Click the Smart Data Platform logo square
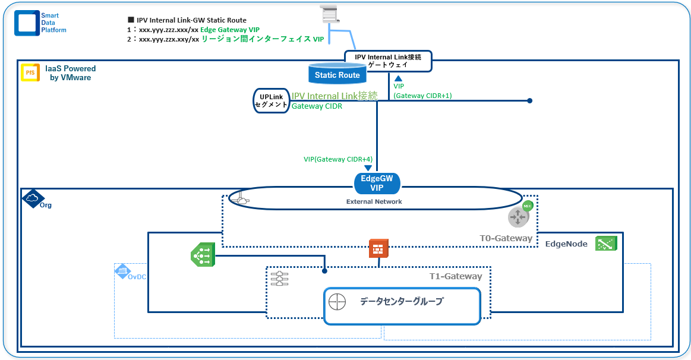27,23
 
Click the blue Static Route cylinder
337,74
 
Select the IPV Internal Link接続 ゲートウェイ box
387,61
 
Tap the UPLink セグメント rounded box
270,100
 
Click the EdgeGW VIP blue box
377,183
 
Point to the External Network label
374,201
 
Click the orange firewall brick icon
378,248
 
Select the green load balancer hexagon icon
202,255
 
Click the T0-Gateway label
506,238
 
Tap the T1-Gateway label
455,276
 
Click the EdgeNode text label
566,244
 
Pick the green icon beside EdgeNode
605,243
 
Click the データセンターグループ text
401,302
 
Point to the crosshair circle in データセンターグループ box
336,302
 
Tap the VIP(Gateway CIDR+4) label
337,159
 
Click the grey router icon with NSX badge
519,217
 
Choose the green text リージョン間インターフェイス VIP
263,39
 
